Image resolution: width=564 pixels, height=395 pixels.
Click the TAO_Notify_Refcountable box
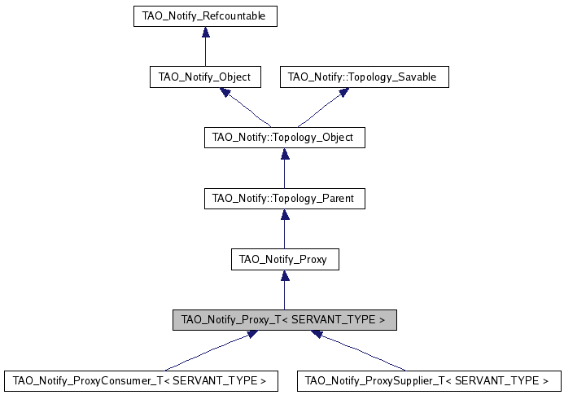point(205,16)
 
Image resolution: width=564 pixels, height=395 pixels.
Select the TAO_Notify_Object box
point(205,77)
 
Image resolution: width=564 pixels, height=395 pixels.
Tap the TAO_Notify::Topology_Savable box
point(363,77)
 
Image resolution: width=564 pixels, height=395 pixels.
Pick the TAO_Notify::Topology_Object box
point(283,138)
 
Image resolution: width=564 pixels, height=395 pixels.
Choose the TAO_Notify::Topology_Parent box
point(283,198)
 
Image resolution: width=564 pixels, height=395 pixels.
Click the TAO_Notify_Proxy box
point(283,260)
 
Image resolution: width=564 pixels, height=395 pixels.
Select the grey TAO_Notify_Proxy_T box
point(284,320)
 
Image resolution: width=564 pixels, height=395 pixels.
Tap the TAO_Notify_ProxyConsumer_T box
point(139,380)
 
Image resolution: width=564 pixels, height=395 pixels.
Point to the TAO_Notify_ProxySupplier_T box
point(428,380)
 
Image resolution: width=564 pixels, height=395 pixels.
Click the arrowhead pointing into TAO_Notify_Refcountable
point(206,32)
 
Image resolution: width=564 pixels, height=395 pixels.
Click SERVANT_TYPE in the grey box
point(339,320)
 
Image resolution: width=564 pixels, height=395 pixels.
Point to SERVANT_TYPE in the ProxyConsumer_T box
point(213,380)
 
